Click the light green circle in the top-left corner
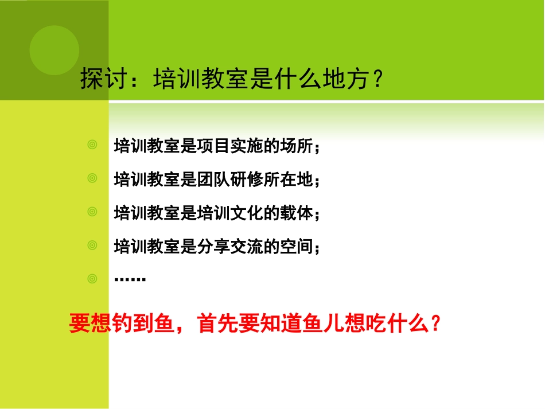click(x=54, y=50)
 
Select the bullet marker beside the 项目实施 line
click(x=92, y=145)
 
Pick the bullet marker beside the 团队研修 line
click(x=92, y=179)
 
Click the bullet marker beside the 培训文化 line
click(x=92, y=212)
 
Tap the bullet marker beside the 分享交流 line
click(x=92, y=246)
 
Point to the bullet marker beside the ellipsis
click(x=92, y=279)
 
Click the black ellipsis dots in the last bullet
click(x=130, y=280)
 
